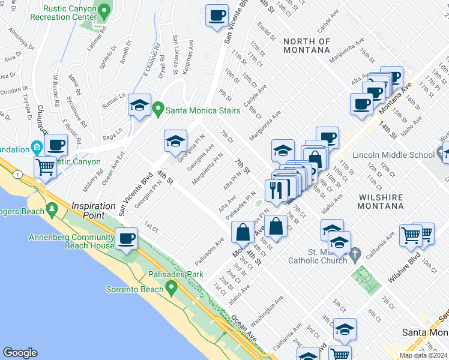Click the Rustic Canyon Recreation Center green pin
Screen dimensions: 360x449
[x=104, y=11]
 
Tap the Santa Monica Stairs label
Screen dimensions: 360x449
[x=204, y=110]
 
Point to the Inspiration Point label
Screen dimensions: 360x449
[x=94, y=205]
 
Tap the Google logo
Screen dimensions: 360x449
[x=20, y=353]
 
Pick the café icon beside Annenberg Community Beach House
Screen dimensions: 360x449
[x=127, y=239]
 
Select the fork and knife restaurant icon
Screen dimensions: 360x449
[x=276, y=190]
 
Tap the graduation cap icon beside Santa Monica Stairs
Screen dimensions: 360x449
[x=139, y=106]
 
